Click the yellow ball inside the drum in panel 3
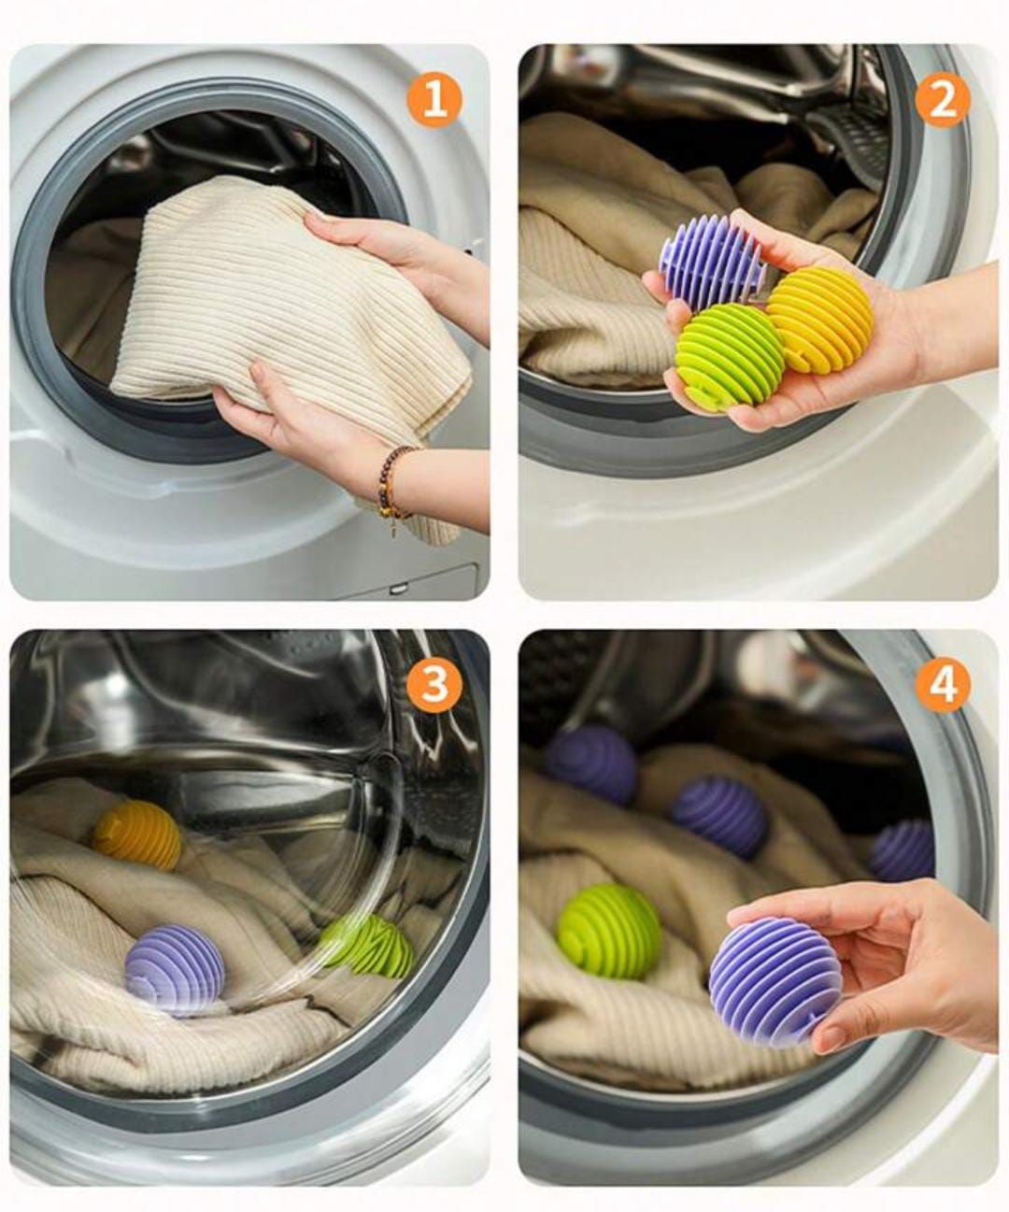137,834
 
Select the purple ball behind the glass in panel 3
175,968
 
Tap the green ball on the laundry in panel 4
609,931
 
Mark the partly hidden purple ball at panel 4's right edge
904,849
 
